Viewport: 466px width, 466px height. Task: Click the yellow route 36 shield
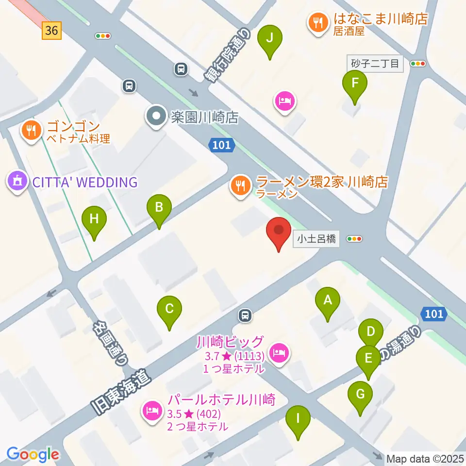click(51, 31)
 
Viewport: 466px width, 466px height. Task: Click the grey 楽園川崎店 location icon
click(156, 117)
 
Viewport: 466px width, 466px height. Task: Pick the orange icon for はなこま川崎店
click(318, 23)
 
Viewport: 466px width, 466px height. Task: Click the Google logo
click(33, 454)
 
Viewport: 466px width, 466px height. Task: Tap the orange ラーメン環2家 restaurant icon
click(240, 186)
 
